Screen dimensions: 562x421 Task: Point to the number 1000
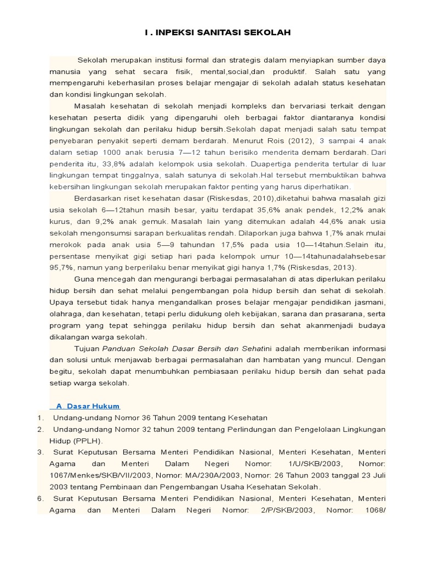click(105, 152)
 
